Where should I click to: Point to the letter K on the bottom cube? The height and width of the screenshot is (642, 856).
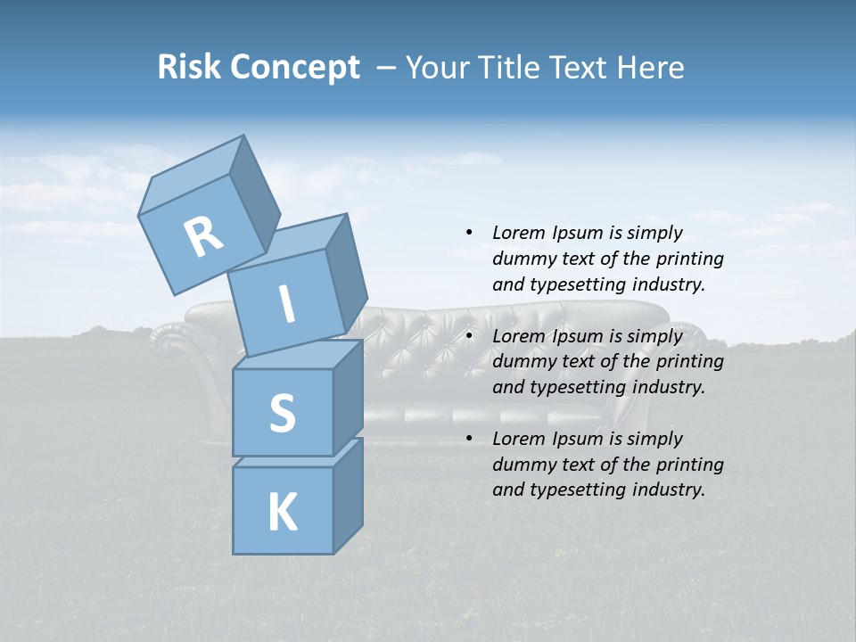tap(282, 512)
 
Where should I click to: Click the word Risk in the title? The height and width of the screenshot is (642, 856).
tap(189, 67)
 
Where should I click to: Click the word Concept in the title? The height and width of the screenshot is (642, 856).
tap(294, 67)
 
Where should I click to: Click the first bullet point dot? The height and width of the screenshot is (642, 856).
tap(469, 233)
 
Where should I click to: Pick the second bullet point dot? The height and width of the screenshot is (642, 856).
tap(469, 336)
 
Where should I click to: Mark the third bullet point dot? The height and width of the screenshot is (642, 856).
tap(469, 439)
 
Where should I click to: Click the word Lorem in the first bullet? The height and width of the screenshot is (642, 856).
tap(518, 233)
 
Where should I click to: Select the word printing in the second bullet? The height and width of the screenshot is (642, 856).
tap(689, 362)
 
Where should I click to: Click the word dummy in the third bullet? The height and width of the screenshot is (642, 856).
tap(521, 465)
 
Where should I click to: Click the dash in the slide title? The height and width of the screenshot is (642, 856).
tap(387, 67)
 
